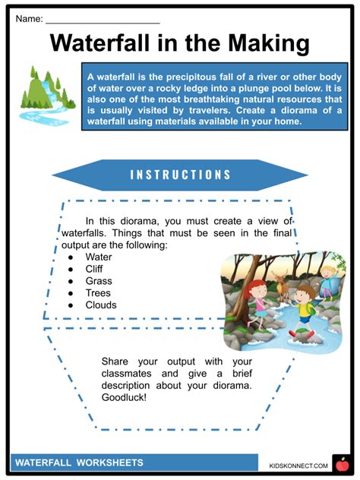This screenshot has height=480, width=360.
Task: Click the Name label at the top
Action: pos(29,16)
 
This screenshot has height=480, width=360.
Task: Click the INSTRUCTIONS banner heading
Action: pos(179,175)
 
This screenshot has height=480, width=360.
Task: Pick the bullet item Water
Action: pos(99,257)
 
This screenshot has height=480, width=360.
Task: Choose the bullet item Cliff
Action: pos(96,269)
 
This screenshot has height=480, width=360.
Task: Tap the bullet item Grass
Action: pos(99,281)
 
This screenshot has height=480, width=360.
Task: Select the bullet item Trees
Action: pos(98,293)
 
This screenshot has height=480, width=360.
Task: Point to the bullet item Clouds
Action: pos(101,305)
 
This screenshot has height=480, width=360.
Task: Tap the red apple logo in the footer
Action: pos(340,463)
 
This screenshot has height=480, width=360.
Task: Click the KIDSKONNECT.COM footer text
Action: pos(298,465)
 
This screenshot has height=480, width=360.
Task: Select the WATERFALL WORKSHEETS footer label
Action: pos(79,462)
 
